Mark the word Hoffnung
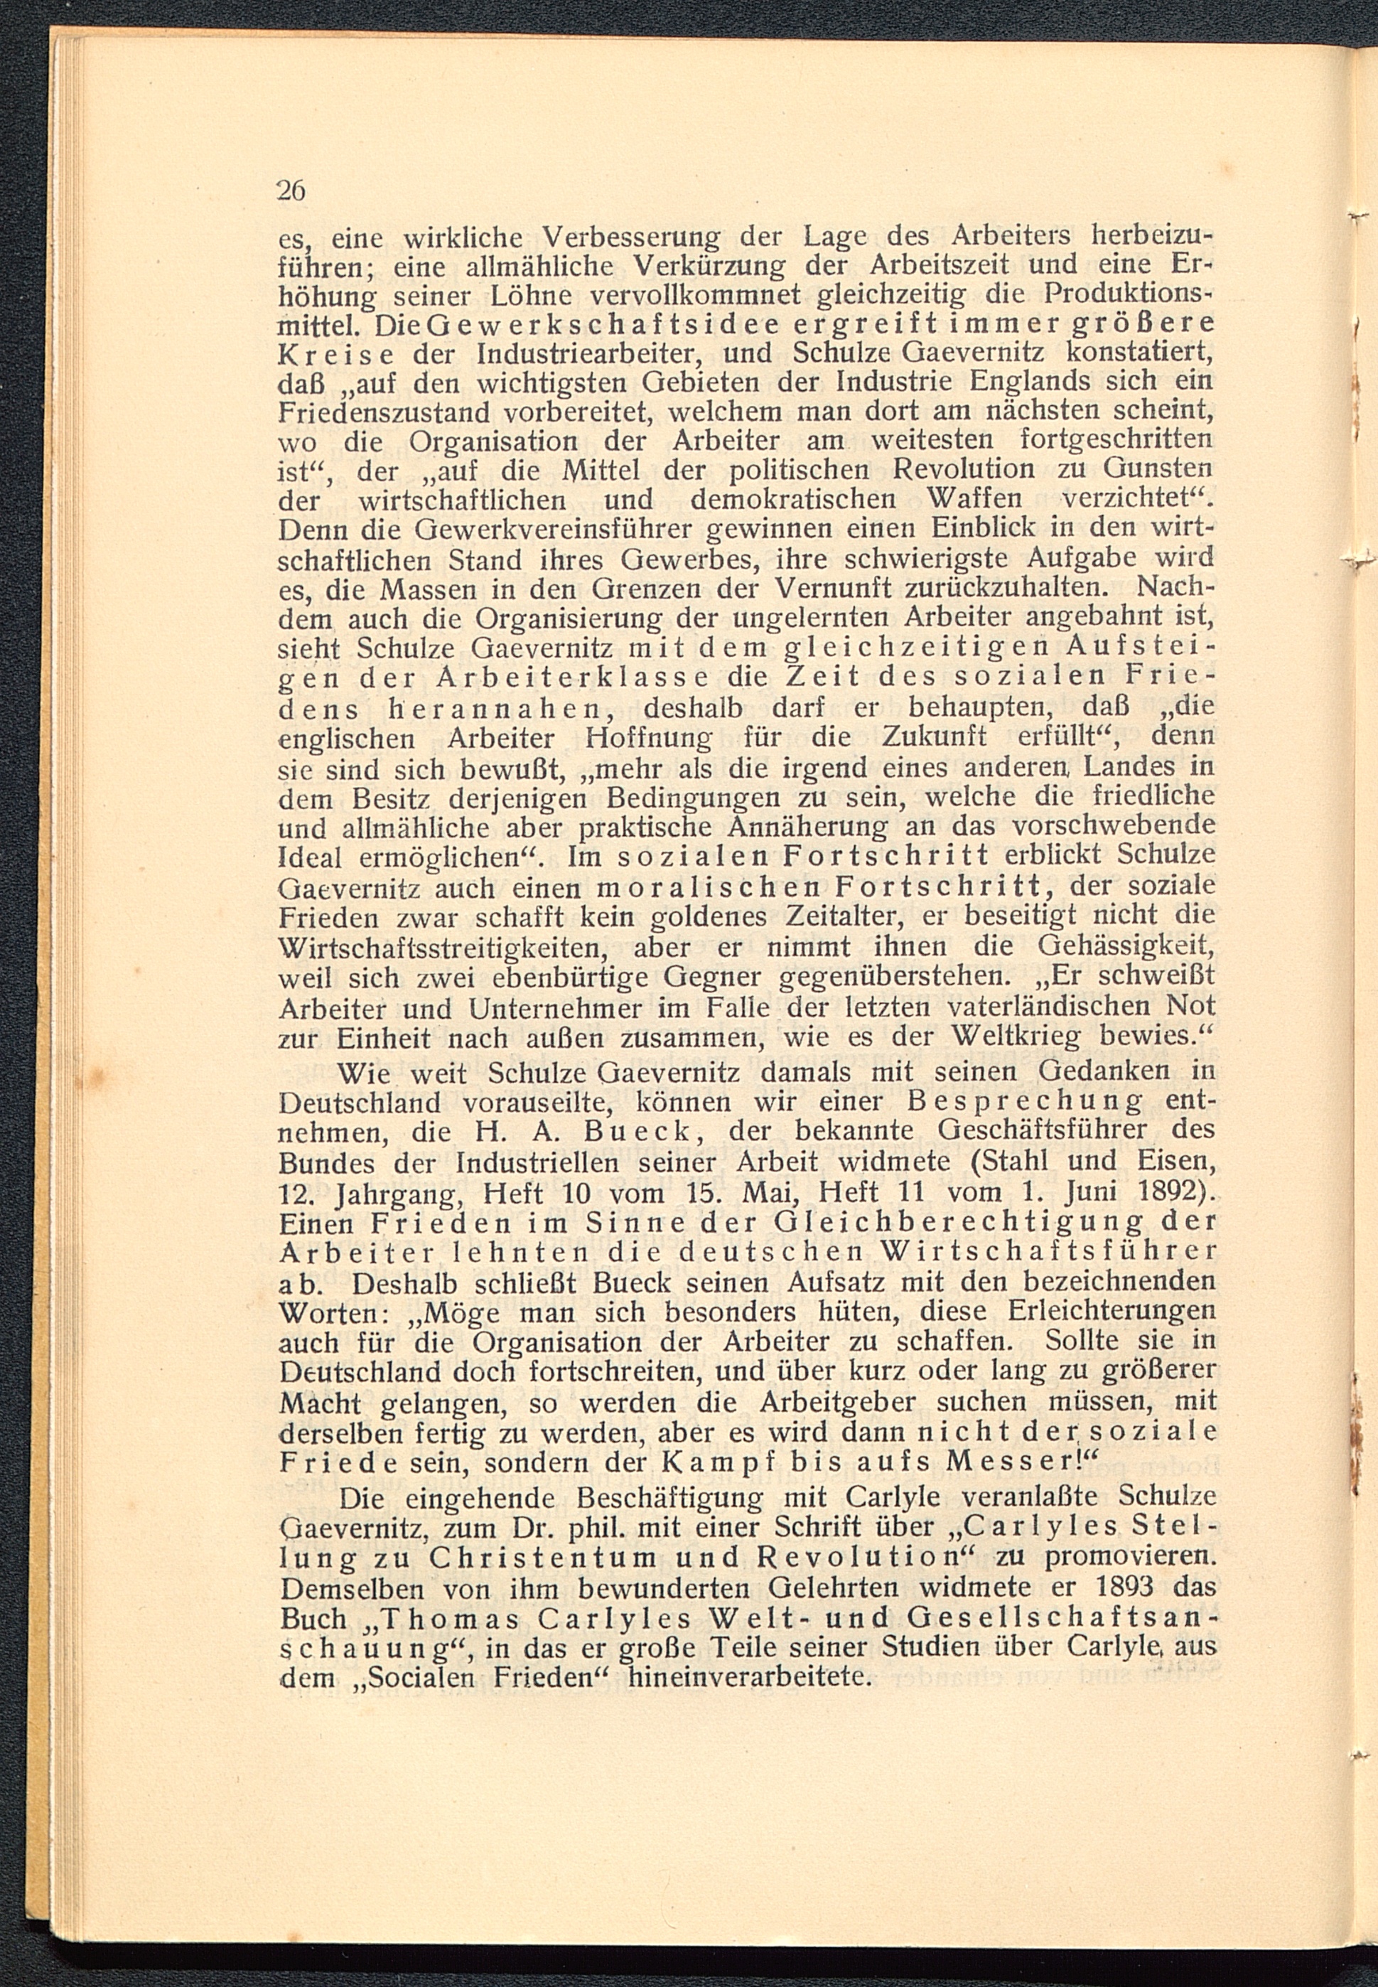coord(650,739)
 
